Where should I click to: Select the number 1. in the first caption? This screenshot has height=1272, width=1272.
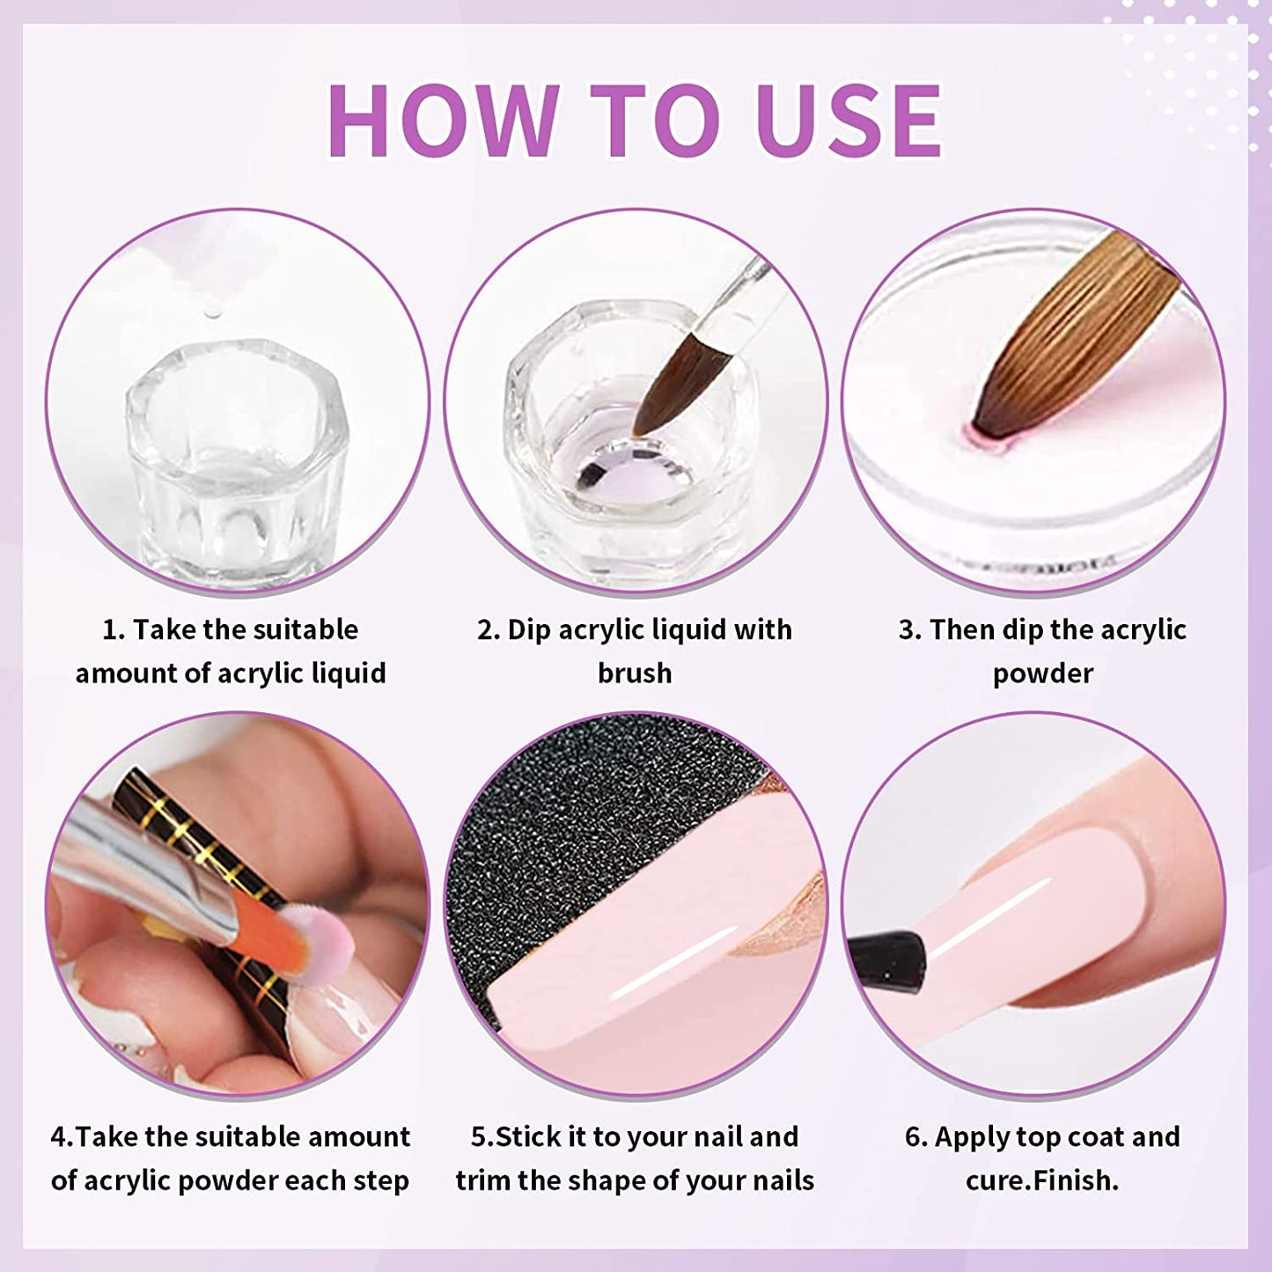pos(114,630)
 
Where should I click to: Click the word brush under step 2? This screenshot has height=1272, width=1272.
pos(635,673)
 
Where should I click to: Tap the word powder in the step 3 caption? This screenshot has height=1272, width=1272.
pos(1043,673)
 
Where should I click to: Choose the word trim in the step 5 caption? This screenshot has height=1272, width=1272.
pos(483,1180)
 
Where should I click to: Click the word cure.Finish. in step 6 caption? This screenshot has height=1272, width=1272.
pos(1042,1180)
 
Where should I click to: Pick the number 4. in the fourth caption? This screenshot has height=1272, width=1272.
pos(62,1137)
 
